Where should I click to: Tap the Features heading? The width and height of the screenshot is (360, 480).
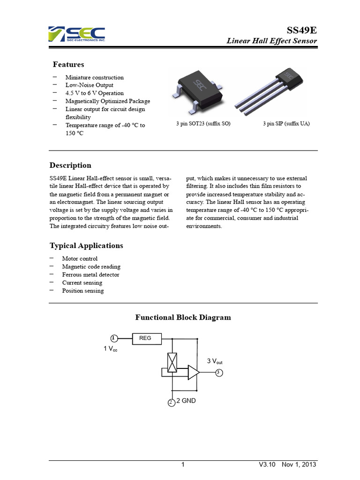pyautogui.click(x=68, y=64)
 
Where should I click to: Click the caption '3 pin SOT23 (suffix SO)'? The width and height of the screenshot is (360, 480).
pyautogui.click(x=203, y=124)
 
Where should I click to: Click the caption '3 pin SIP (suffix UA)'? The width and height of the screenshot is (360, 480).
pyautogui.click(x=286, y=124)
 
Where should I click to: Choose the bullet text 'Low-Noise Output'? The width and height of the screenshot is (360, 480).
pyautogui.click(x=89, y=85)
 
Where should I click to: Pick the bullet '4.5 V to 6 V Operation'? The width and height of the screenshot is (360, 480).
pyautogui.click(x=94, y=93)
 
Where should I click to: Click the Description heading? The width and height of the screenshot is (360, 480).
pyautogui.click(x=70, y=165)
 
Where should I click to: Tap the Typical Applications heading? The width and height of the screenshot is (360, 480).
pyautogui.click(x=86, y=246)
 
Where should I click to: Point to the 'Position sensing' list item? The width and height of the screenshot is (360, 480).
pyautogui.click(x=83, y=291)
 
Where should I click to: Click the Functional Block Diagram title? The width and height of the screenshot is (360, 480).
pyautogui.click(x=183, y=317)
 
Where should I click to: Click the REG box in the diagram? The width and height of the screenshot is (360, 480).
pyautogui.click(x=145, y=338)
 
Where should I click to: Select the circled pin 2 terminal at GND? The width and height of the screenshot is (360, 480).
pyautogui.click(x=171, y=402)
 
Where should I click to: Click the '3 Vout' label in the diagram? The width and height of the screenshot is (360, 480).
pyautogui.click(x=215, y=361)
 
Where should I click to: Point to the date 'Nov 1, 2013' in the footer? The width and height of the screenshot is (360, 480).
pyautogui.click(x=299, y=465)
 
